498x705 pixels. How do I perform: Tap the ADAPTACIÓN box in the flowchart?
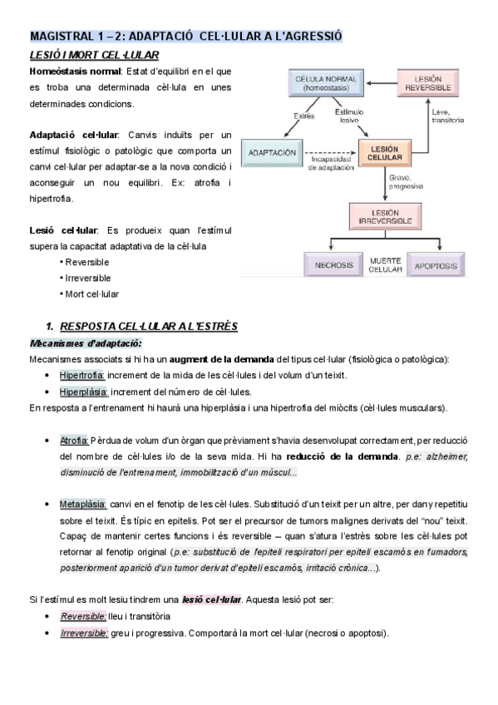(271, 153)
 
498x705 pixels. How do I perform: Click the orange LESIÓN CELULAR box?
(385, 153)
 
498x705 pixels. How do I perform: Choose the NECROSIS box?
(334, 266)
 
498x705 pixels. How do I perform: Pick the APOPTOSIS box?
(436, 266)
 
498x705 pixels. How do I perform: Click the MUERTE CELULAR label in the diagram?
(385, 266)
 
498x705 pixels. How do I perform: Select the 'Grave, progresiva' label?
(406, 181)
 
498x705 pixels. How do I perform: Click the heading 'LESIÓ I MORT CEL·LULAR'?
(95, 55)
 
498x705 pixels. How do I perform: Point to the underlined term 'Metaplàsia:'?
(83, 504)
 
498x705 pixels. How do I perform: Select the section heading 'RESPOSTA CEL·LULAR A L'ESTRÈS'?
(149, 326)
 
